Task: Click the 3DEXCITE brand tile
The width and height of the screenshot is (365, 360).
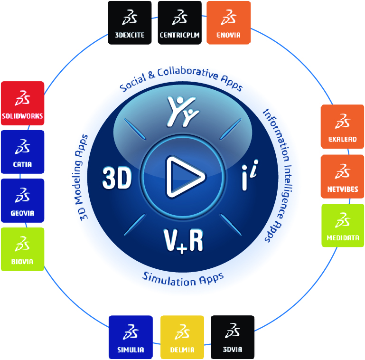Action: [130, 22]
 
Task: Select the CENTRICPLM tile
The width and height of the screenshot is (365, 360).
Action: [179, 22]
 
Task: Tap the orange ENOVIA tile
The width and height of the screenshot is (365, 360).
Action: [229, 22]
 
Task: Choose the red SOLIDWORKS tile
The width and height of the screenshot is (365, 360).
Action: [22, 103]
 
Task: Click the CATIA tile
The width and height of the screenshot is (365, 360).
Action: [22, 152]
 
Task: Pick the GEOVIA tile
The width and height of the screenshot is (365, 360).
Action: [22, 200]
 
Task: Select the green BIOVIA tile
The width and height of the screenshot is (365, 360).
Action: [22, 249]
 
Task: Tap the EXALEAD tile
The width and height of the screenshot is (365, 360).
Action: [342, 127]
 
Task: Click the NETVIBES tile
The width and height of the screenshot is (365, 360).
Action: [342, 176]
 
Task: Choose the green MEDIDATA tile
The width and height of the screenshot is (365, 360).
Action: [342, 225]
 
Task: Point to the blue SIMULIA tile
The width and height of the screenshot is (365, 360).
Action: [131, 337]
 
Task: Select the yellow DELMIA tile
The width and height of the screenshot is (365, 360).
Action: [182, 337]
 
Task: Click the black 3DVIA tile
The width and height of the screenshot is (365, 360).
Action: [232, 337]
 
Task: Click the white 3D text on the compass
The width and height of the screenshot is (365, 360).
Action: [117, 179]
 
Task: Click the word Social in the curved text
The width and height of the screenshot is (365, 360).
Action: [132, 84]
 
